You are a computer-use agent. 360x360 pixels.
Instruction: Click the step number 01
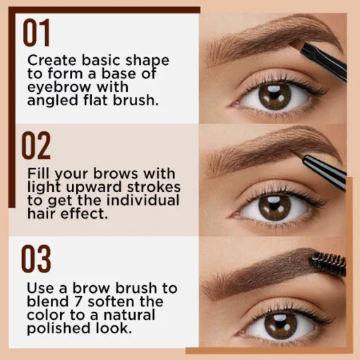coord(37,32)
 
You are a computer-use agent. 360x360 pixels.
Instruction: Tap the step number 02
coord(36,145)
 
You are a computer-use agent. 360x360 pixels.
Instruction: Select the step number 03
coord(36,258)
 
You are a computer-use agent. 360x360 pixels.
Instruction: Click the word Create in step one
coord(52,60)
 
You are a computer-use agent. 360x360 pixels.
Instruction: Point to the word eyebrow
coord(59,88)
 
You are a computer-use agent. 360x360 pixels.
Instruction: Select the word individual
coord(143,200)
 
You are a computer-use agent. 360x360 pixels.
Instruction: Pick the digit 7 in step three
coord(78,301)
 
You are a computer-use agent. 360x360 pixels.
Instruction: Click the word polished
coord(59,329)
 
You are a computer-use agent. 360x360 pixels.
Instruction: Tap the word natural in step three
coord(129,316)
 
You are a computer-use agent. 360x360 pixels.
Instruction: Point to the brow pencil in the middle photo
coord(323,172)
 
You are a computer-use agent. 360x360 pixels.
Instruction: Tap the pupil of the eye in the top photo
coord(274,95)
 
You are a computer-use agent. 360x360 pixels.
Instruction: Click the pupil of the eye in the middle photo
coord(274,207)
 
